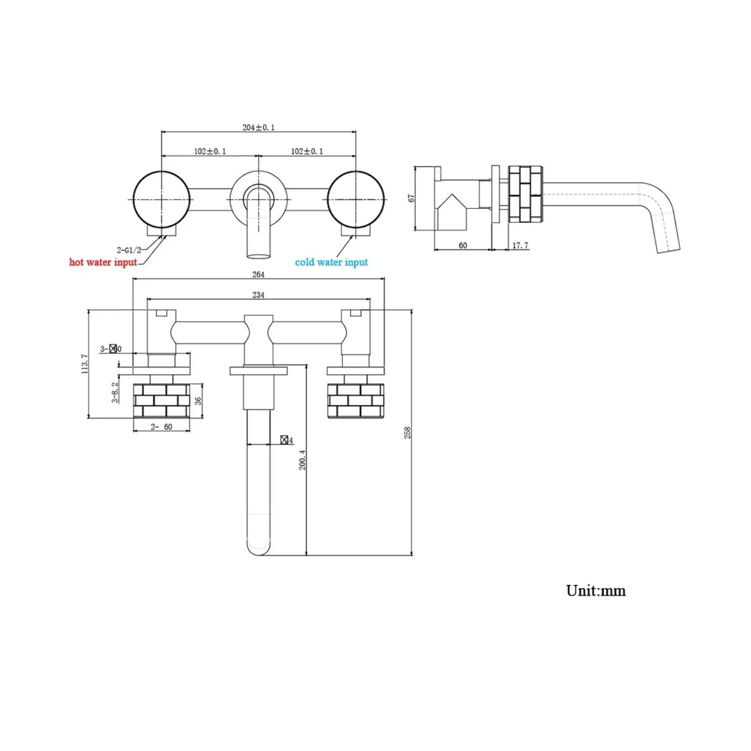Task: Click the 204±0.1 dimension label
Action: (258, 127)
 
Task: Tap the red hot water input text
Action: (103, 262)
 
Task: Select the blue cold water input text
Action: (331, 262)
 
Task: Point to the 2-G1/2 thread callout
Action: (129, 250)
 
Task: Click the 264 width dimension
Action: (258, 274)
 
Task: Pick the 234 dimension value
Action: (258, 295)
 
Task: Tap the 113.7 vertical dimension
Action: (84, 364)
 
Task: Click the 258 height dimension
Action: (407, 433)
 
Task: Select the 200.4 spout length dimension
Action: (302, 460)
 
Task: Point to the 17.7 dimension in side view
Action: (520, 245)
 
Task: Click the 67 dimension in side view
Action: (411, 198)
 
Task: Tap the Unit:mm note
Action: (596, 591)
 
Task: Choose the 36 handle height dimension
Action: (198, 401)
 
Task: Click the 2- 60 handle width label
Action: (161, 427)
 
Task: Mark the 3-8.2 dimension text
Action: (115, 392)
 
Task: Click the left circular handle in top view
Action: (161, 199)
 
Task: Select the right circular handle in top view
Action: (356, 199)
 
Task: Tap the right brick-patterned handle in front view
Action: (356, 401)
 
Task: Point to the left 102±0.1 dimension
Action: (210, 151)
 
